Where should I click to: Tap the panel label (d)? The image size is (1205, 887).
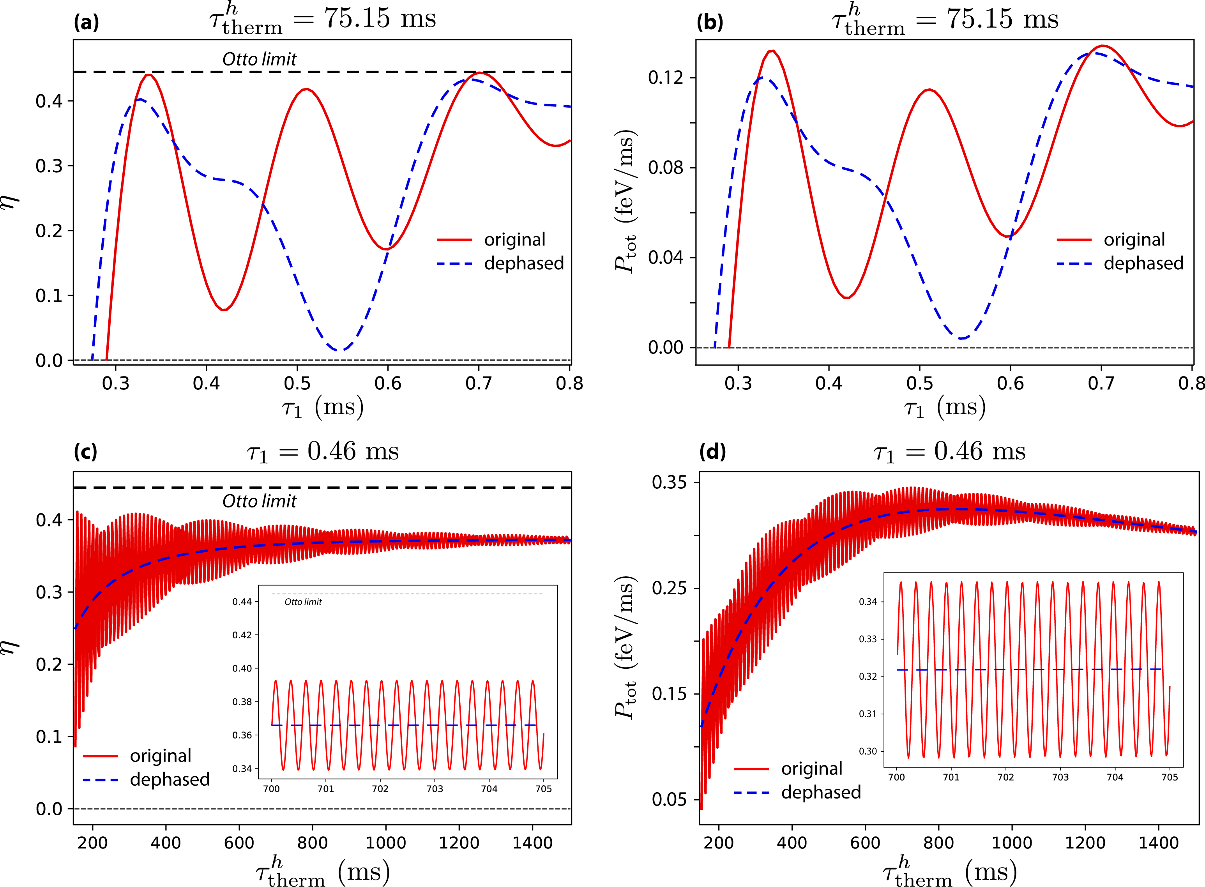pos(712,452)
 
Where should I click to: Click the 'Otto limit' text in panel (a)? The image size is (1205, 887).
pos(260,59)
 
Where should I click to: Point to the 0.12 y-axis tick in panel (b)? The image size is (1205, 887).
pos(666,78)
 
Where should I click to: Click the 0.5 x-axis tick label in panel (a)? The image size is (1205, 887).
pos(297,383)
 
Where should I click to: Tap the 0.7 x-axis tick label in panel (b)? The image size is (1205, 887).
pos(1101,383)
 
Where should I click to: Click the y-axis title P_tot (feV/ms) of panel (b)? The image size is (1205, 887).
pos(625,201)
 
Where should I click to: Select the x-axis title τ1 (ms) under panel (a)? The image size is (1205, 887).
pos(323,408)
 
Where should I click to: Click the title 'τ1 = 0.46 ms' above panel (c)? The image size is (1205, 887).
pos(323,452)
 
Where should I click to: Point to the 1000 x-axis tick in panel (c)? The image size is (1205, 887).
pos(385,843)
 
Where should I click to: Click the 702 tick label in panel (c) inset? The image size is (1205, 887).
pos(380,789)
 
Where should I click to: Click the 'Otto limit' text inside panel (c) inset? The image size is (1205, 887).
pos(303,602)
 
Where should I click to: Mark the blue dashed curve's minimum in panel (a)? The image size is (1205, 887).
pos(339,350)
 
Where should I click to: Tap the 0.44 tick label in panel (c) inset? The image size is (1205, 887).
pos(242,602)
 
